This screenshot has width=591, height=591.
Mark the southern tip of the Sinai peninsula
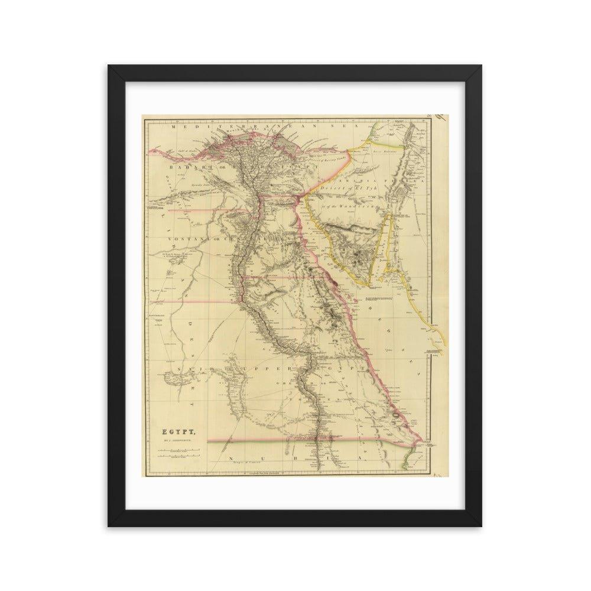click(x=373, y=284)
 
